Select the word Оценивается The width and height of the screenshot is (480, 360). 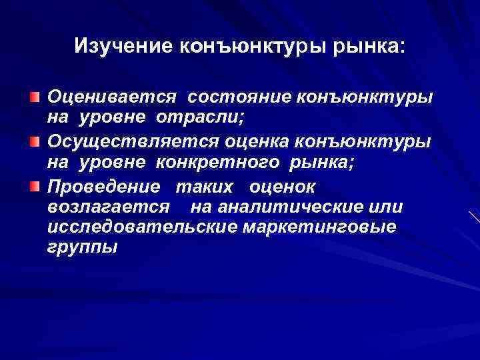(x=112, y=97)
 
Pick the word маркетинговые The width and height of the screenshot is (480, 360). (x=319, y=227)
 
